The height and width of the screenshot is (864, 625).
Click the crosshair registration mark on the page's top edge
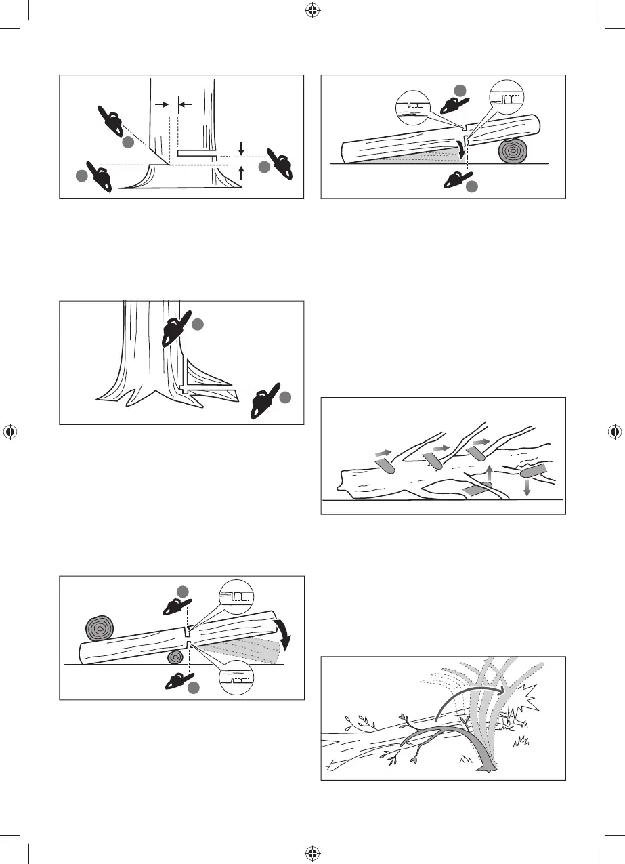point(312,9)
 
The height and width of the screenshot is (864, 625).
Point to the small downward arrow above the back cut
point(241,147)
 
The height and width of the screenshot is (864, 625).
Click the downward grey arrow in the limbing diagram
point(527,486)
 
